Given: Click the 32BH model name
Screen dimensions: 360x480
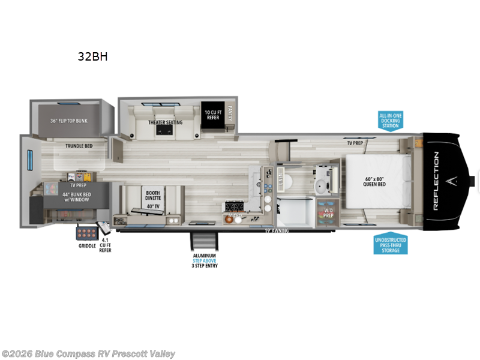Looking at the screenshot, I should pyautogui.click(x=92, y=58).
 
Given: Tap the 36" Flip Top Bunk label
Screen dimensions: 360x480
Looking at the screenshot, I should pyautogui.click(x=68, y=121).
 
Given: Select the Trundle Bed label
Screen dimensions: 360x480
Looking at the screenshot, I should pyautogui.click(x=79, y=145).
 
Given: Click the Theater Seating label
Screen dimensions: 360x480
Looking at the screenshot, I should pyautogui.click(x=166, y=122).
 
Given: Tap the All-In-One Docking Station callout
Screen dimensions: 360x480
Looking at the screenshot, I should pyautogui.click(x=389, y=120).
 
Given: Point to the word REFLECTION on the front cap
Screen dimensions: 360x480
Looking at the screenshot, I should pyautogui.click(x=436, y=180).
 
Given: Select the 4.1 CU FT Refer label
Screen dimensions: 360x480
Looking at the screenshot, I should pyautogui.click(x=105, y=246).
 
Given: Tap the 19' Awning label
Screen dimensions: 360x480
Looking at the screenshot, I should pyautogui.click(x=277, y=230).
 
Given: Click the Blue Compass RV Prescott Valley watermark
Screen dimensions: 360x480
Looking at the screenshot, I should pyautogui.click(x=89, y=354).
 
